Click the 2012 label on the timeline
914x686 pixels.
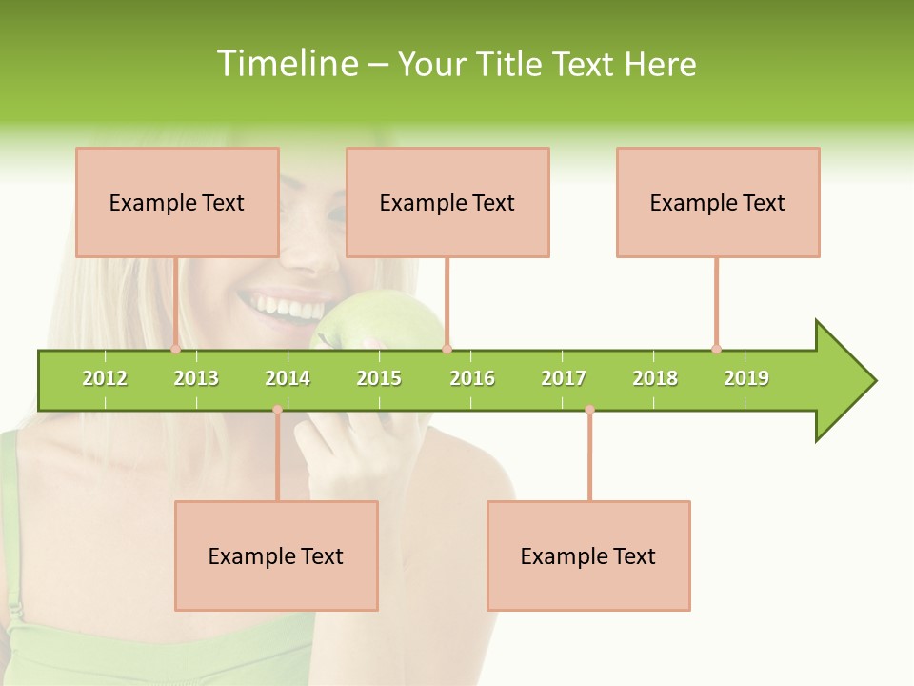[x=105, y=378]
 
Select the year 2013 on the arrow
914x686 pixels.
[x=196, y=378]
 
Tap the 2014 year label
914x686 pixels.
[x=288, y=378]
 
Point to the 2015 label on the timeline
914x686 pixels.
[x=379, y=378]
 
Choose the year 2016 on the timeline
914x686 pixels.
[x=472, y=378]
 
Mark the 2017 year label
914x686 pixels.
[x=564, y=378]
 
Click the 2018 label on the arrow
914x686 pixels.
[x=655, y=378]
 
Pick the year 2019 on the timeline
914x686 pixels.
[x=746, y=378]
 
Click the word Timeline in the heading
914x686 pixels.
[x=288, y=64]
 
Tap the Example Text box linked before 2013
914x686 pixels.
[x=177, y=202]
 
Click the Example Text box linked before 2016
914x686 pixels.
[x=447, y=202]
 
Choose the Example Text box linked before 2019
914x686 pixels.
[x=718, y=202]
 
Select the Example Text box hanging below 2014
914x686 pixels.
[x=276, y=555]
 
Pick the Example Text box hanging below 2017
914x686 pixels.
[x=588, y=555]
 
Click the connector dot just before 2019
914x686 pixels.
[x=716, y=349]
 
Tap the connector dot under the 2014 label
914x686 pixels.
[x=277, y=410]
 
